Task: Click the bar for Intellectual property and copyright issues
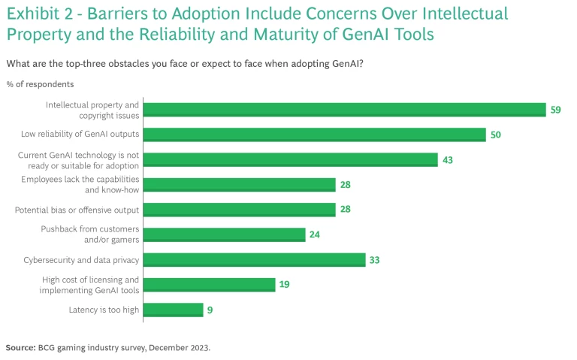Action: click(x=344, y=110)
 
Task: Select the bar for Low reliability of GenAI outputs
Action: click(x=314, y=135)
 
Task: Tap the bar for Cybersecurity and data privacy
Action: click(x=254, y=259)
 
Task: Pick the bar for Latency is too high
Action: click(x=173, y=309)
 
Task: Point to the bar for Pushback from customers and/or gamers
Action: click(x=224, y=234)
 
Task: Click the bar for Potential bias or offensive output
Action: click(x=239, y=209)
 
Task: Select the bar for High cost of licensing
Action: click(x=209, y=284)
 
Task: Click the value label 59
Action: click(x=556, y=110)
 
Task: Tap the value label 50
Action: click(x=496, y=135)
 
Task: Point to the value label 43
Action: click(x=448, y=159)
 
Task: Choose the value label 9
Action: click(x=211, y=309)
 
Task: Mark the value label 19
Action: click(x=285, y=284)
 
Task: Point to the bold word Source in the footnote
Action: click(x=20, y=348)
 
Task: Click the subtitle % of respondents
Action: click(x=40, y=84)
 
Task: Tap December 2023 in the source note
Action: click(x=185, y=348)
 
